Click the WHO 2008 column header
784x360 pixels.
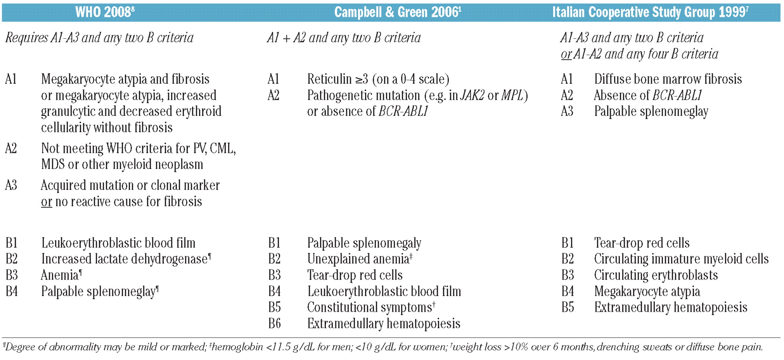pos(105,12)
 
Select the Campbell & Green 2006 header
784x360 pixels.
pos(397,12)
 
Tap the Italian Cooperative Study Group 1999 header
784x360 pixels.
pos(650,12)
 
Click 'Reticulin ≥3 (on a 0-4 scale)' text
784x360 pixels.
pos(378,79)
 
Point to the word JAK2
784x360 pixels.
pos(473,95)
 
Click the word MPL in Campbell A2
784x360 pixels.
pos(513,95)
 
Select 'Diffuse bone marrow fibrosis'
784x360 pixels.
pos(668,79)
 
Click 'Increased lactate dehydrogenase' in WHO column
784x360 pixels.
pos(124,259)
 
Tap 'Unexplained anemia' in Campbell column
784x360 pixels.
pos(358,259)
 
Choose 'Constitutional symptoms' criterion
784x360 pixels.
pos(369,307)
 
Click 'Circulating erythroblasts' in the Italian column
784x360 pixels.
pos(656,275)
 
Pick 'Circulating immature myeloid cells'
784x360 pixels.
pos(681,259)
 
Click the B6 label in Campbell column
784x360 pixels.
pos(274,323)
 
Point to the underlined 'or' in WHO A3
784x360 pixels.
pos(46,202)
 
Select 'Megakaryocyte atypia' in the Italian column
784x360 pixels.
pos(647,291)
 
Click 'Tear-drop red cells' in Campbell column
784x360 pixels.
pos(355,275)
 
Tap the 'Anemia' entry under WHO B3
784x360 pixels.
pos(60,275)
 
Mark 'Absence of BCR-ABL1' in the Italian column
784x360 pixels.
pos(648,95)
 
